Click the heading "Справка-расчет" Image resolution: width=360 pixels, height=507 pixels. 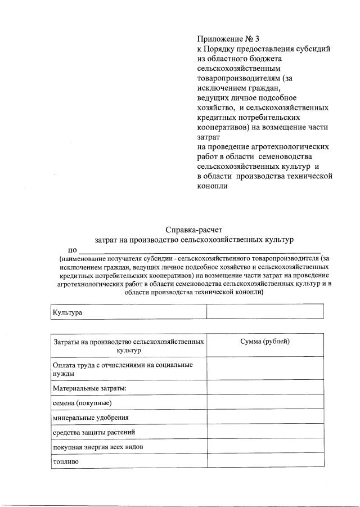point(194,230)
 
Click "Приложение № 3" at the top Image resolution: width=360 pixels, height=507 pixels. point(228,39)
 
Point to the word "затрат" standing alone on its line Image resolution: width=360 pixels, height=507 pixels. point(209,137)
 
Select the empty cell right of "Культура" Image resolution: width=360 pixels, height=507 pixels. point(265,311)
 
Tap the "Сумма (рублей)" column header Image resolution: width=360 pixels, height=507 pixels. point(265,342)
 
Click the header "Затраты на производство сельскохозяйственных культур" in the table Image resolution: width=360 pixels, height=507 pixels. point(128,346)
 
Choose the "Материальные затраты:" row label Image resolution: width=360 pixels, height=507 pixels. point(89,388)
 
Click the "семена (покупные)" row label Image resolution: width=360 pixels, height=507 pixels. point(82,403)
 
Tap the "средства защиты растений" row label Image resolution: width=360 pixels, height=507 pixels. point(94,432)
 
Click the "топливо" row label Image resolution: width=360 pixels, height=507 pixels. point(66,461)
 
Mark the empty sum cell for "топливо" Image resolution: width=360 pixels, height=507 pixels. point(265,461)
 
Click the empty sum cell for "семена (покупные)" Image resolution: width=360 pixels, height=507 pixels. point(265,403)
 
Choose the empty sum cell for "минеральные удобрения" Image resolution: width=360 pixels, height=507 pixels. point(265,418)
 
